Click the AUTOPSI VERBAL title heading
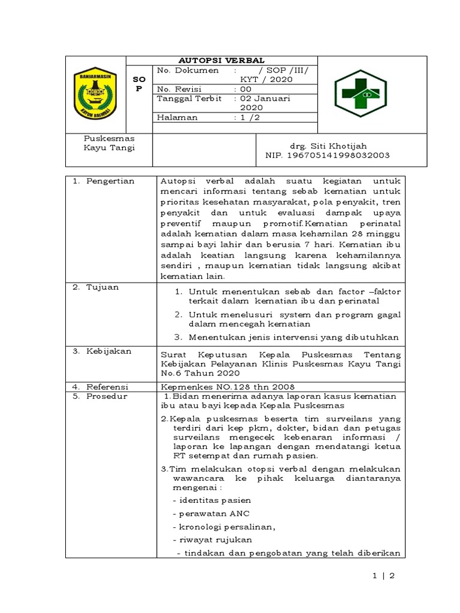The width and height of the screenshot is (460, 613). point(222,60)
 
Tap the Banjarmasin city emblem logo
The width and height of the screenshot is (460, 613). point(95,93)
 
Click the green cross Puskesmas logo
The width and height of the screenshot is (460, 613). point(361,93)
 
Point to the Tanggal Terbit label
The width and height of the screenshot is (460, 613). point(189,98)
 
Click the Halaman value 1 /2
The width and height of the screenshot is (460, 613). point(247,118)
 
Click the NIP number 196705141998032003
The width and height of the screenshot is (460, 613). point(328,155)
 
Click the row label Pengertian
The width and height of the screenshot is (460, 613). point(104,181)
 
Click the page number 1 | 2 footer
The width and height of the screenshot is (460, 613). point(383,577)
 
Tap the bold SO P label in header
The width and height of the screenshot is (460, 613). point(139,84)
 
